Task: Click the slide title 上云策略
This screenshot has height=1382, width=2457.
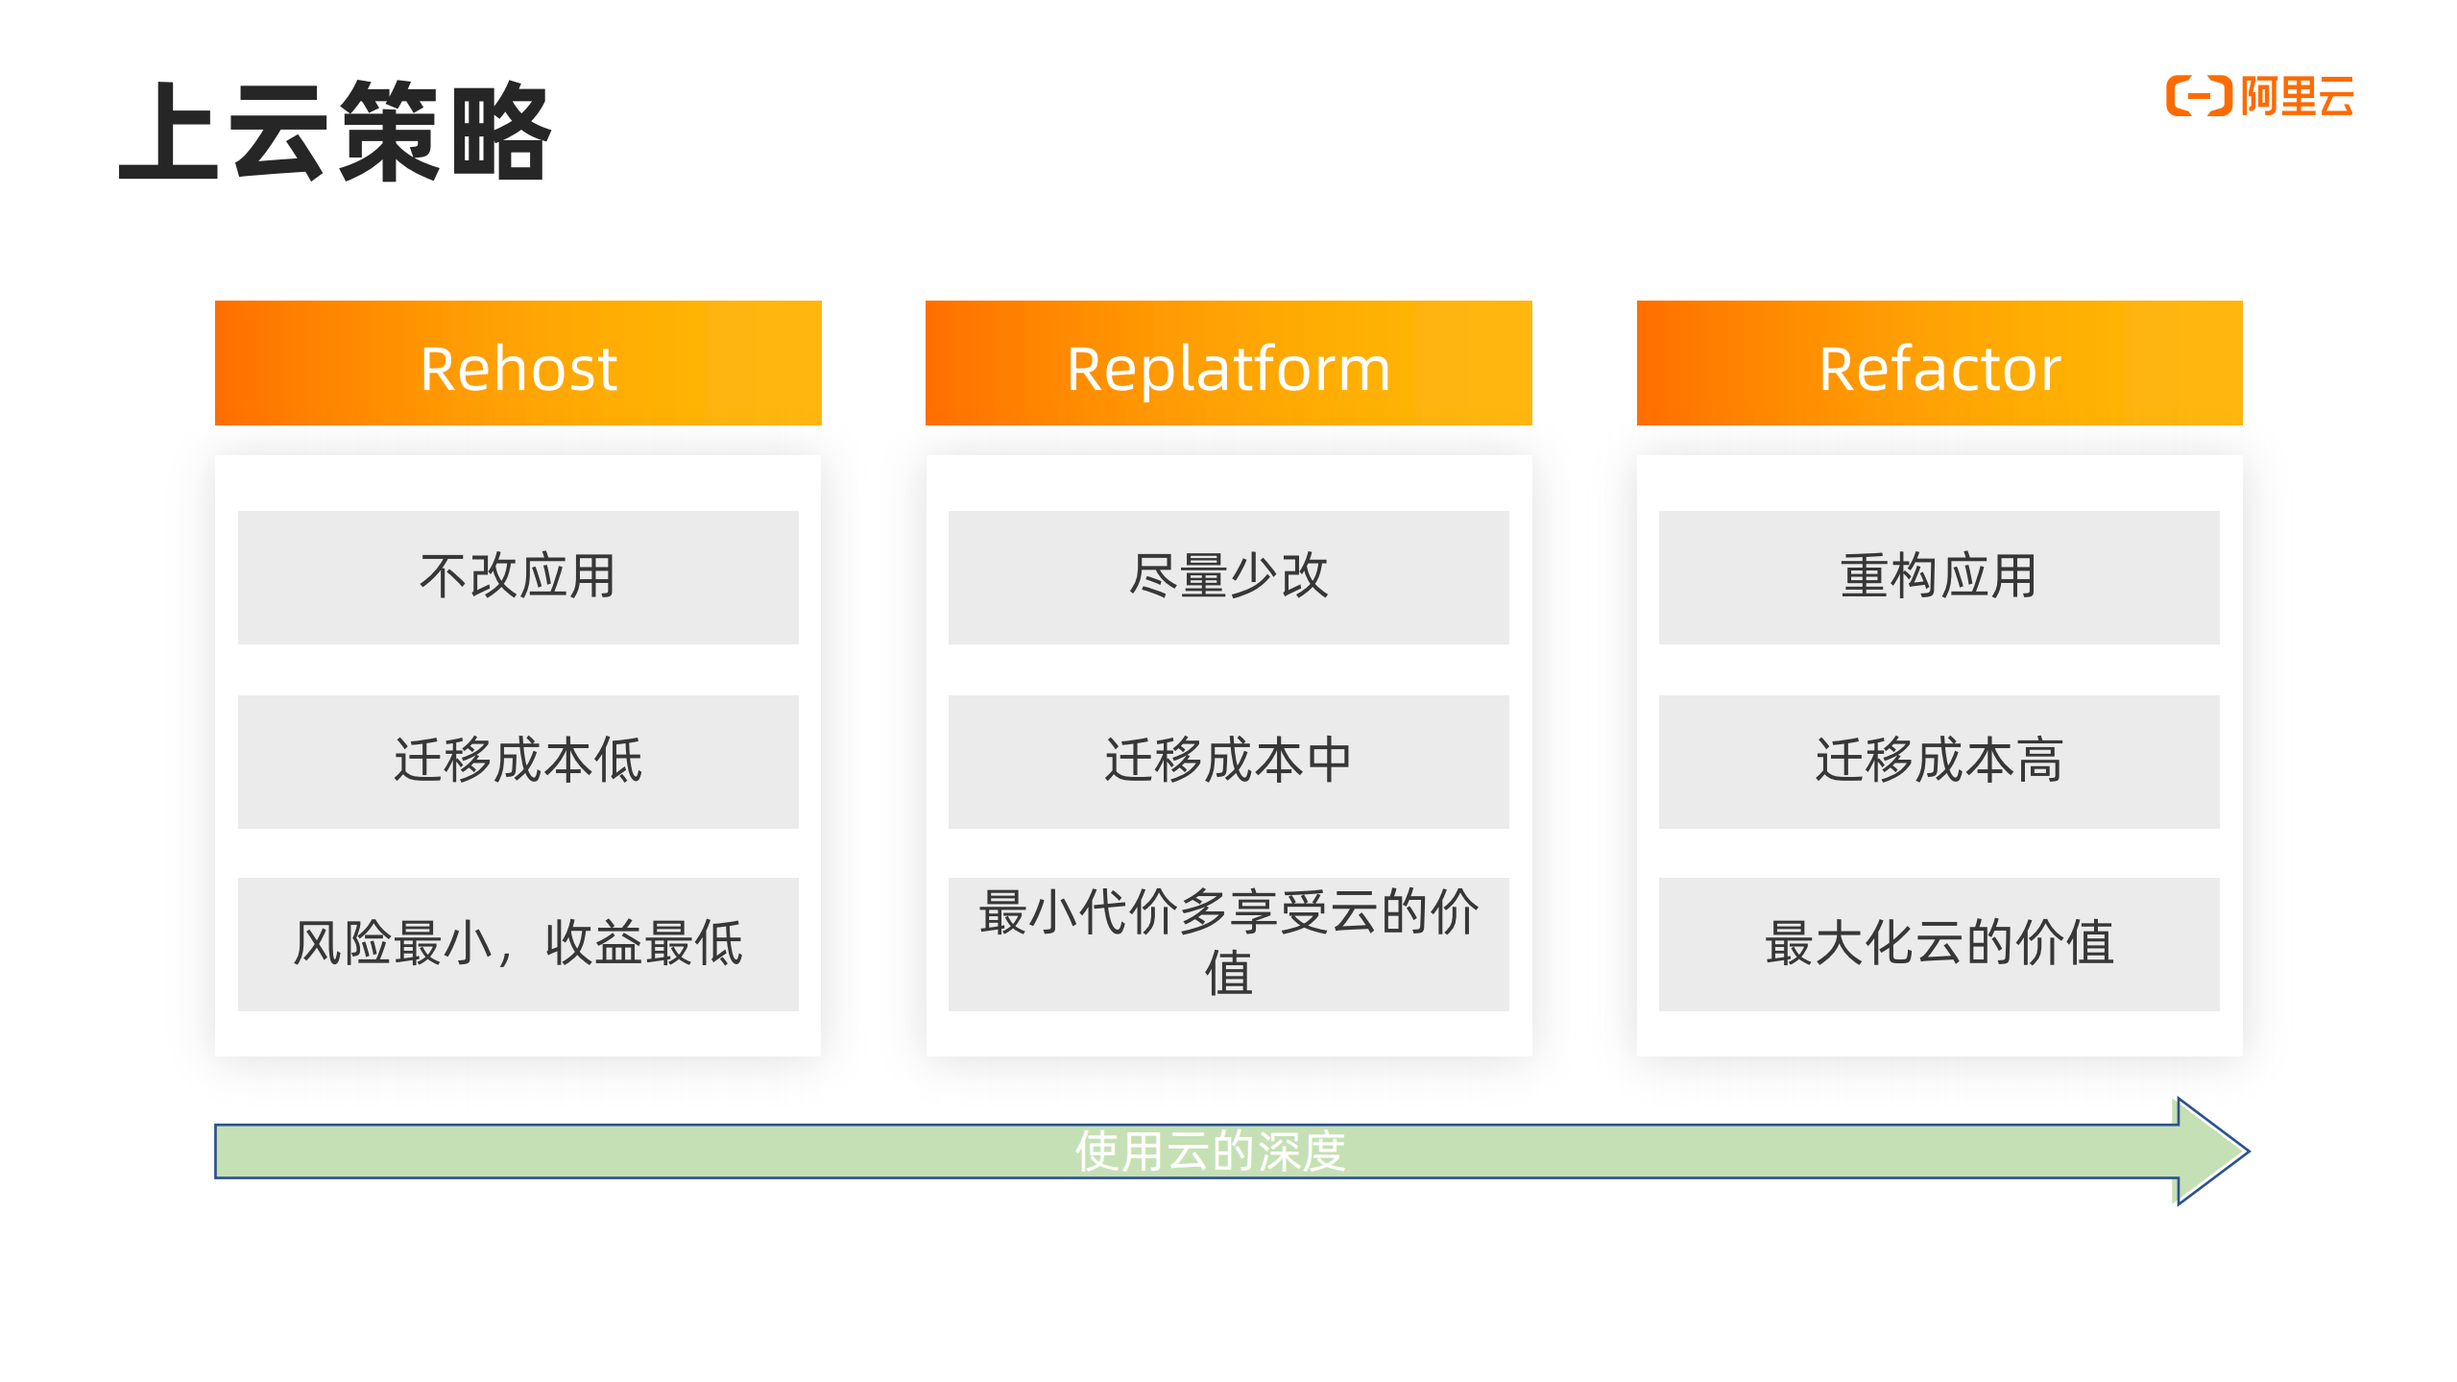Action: click(334, 132)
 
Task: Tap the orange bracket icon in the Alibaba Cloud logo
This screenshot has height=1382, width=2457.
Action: click(2198, 96)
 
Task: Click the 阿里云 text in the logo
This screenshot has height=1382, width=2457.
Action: click(2297, 97)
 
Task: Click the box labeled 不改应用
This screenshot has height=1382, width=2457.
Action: click(518, 577)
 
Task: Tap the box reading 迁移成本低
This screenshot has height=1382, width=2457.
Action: click(518, 762)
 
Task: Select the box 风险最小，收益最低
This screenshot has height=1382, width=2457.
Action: click(518, 944)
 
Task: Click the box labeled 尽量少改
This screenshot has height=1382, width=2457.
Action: click(1228, 577)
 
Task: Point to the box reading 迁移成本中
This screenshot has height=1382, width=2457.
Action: click(1228, 762)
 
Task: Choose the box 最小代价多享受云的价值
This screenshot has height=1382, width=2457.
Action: click(1228, 944)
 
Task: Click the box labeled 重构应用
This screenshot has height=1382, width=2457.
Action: click(1939, 577)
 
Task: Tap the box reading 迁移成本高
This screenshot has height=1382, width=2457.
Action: click(1939, 762)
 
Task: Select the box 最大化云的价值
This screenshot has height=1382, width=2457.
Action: click(1939, 944)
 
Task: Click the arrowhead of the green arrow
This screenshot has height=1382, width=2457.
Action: click(2208, 1152)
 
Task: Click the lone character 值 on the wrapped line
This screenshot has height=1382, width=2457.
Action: click(1228, 974)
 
